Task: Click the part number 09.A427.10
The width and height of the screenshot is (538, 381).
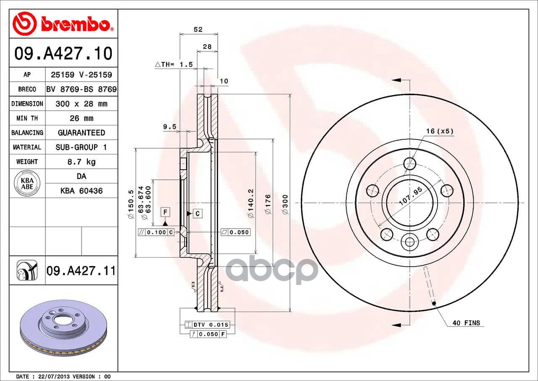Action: (63, 53)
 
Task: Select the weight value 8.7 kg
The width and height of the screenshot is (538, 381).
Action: (82, 162)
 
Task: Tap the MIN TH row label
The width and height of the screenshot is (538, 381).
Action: (27, 118)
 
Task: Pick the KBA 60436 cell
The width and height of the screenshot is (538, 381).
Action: (82, 191)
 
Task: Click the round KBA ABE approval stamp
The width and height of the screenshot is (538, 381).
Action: (27, 183)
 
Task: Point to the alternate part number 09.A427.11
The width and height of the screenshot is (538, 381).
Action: (81, 271)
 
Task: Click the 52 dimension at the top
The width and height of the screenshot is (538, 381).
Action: (198, 29)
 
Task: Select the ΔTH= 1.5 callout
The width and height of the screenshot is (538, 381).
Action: (174, 64)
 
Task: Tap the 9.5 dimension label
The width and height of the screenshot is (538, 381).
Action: (169, 127)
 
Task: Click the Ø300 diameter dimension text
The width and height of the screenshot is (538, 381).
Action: (285, 205)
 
